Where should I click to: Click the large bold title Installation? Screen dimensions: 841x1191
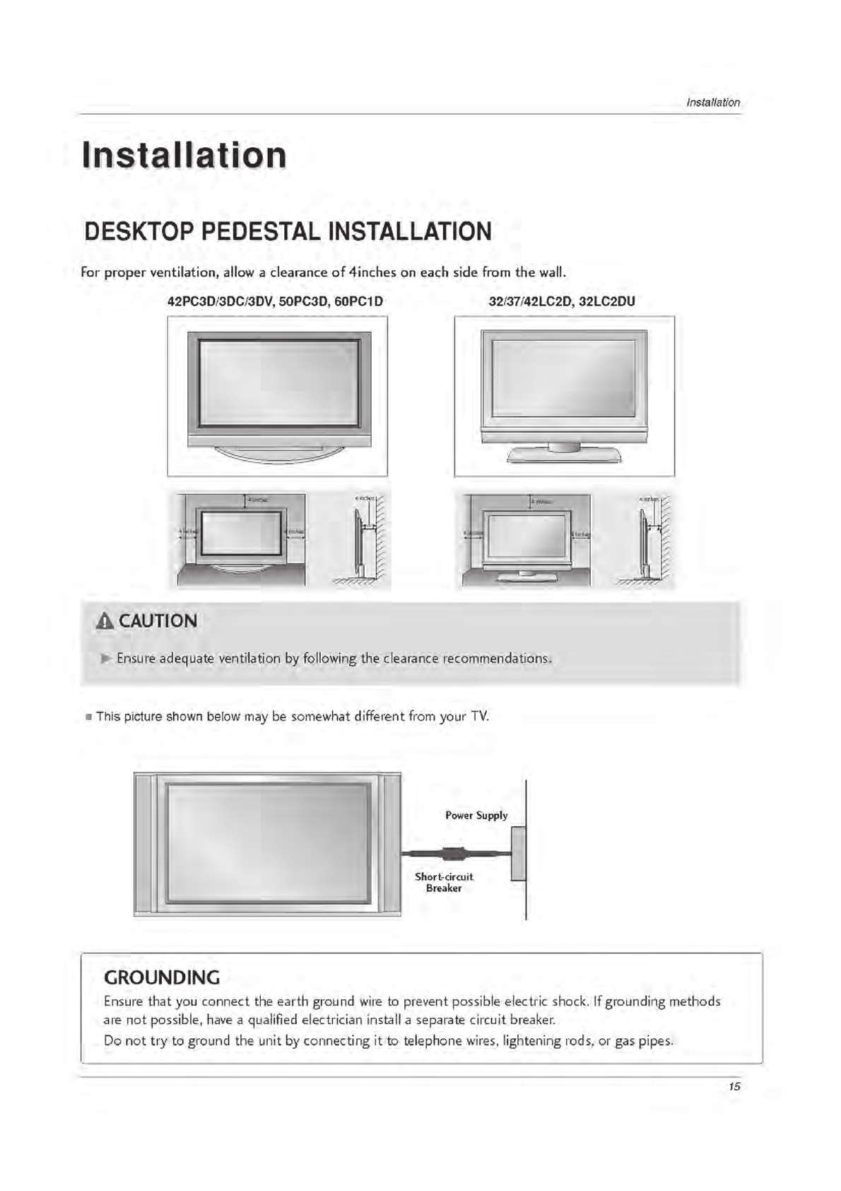click(184, 156)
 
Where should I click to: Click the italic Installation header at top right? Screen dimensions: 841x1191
click(713, 103)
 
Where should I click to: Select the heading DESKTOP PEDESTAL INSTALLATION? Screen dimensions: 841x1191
click(288, 232)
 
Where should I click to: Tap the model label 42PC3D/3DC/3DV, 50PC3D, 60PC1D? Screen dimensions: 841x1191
click(275, 301)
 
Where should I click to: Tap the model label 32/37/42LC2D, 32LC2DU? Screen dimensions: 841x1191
click(562, 301)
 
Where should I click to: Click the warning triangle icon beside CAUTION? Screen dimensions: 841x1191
click(105, 622)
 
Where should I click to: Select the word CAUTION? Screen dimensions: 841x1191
click(158, 621)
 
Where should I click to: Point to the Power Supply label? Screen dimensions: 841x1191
click(476, 815)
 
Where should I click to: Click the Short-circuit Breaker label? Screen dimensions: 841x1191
click(444, 882)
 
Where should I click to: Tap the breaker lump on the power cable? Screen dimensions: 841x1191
click(452, 854)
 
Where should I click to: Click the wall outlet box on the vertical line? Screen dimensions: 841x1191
click(518, 854)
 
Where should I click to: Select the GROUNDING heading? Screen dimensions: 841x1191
click(162, 977)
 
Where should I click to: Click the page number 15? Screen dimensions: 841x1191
click(734, 1086)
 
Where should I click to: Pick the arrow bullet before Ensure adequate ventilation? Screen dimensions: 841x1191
click(106, 658)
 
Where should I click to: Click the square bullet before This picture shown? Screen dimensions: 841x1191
click(88, 717)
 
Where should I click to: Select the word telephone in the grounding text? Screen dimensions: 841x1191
click(433, 1040)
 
